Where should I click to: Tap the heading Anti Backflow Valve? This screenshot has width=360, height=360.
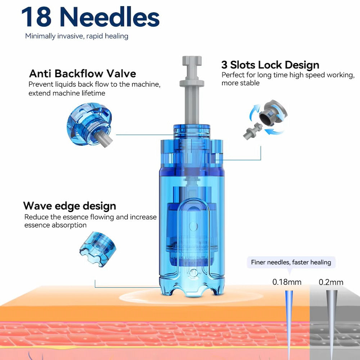point(82,74)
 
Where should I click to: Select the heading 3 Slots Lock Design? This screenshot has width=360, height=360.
point(270,65)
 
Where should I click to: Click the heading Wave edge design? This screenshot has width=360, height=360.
point(69,206)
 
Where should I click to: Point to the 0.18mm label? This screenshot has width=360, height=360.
point(287,282)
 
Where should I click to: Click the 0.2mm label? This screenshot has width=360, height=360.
point(331,282)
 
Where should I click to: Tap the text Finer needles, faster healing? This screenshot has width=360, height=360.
point(291,262)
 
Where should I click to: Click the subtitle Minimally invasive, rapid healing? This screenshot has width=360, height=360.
point(77,36)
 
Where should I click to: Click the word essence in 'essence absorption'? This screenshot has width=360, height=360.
point(37,225)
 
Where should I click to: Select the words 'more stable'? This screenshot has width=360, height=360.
point(240,83)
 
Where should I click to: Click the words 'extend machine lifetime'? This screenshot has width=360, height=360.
point(67,93)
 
